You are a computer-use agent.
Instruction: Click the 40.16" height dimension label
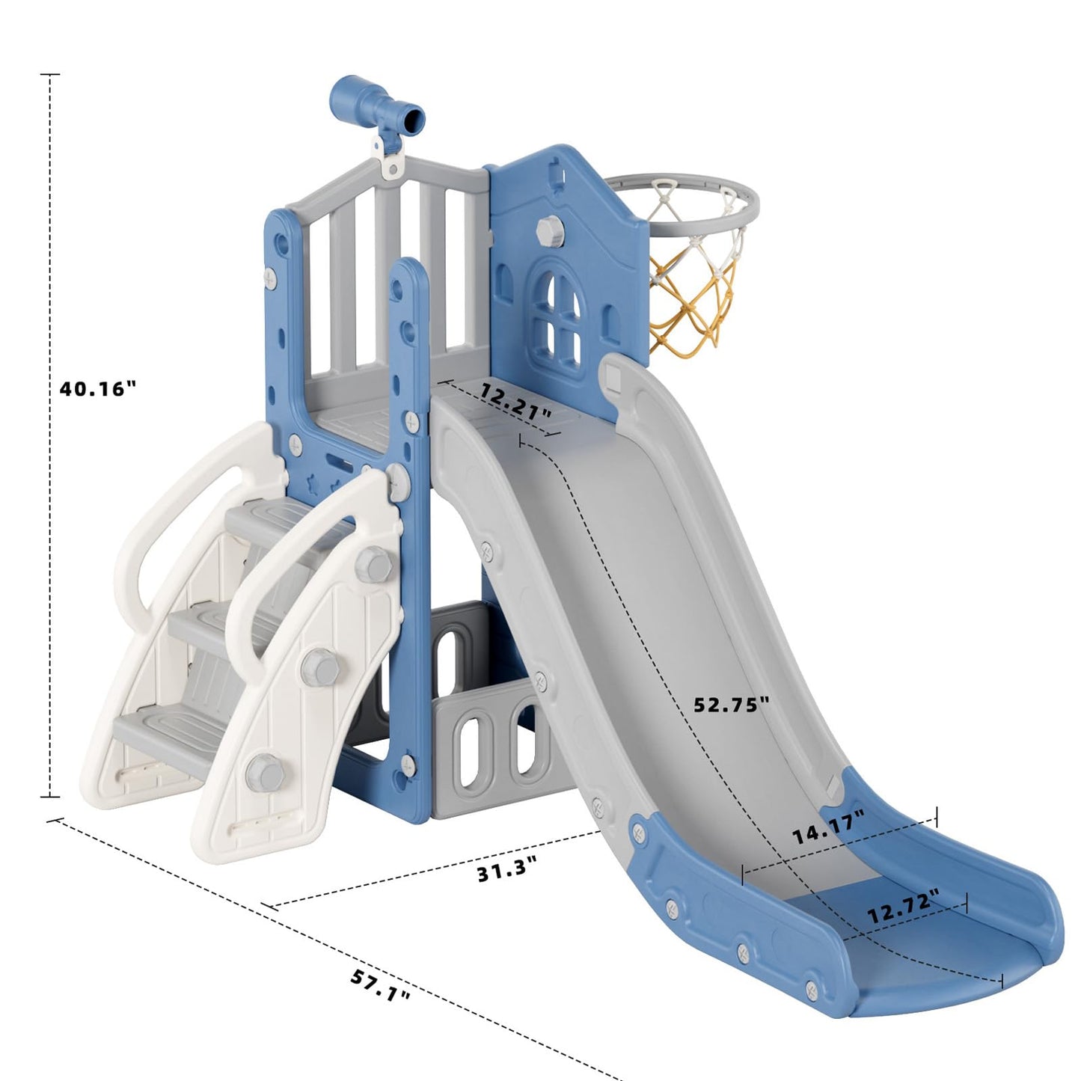(x=98, y=389)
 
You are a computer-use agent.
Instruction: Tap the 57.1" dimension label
(x=381, y=986)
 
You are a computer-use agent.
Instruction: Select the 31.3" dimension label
(x=507, y=871)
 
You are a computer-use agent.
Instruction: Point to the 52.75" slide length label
(x=731, y=704)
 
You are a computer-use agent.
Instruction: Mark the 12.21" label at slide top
(x=516, y=401)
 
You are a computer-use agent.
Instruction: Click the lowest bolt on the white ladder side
(x=260, y=771)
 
